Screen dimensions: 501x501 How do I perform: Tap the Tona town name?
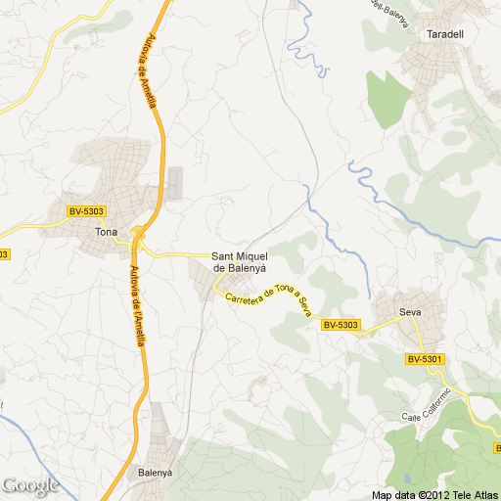click(x=105, y=232)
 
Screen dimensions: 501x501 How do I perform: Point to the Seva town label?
click(x=409, y=313)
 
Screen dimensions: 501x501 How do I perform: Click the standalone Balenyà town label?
click(x=156, y=472)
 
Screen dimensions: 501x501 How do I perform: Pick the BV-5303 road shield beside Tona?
click(x=86, y=211)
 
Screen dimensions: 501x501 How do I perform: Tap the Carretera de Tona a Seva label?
click(x=267, y=299)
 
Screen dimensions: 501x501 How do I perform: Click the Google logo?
click(x=30, y=484)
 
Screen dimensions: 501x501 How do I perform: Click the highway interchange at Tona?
click(x=138, y=235)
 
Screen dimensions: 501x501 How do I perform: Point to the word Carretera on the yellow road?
click(x=243, y=296)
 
